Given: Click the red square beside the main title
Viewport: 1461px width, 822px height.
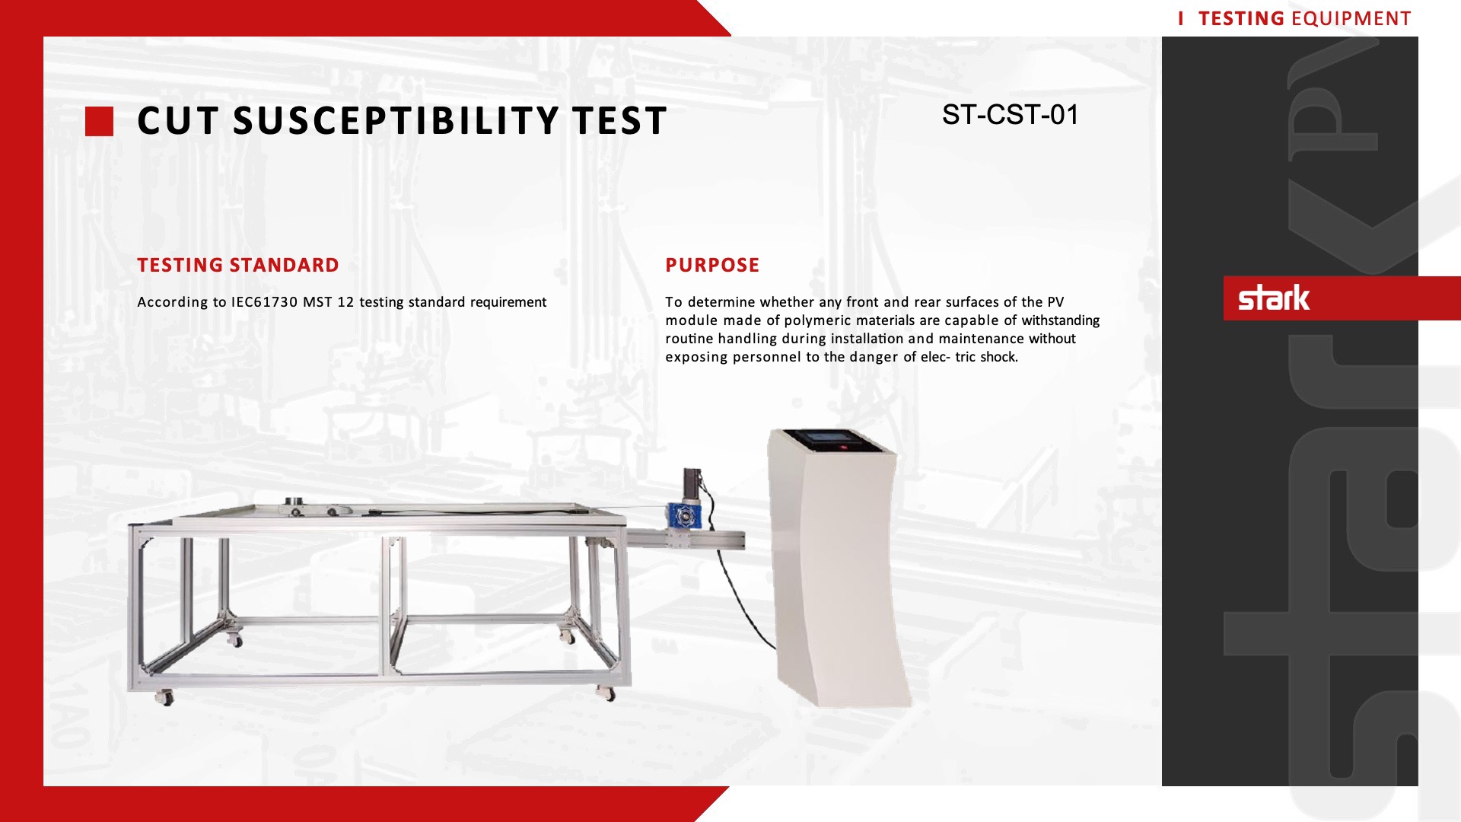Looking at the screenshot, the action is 99,122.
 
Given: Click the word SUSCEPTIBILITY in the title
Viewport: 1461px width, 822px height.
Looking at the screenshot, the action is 396,121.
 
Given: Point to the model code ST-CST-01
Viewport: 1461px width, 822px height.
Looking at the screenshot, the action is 1011,115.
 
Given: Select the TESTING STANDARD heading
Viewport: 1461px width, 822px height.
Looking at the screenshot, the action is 238,265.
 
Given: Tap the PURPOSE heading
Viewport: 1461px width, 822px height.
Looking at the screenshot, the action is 712,265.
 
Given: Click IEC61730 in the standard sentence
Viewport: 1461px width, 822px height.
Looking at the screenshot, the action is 264,302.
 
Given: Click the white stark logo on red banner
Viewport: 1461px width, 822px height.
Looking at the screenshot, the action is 1274,298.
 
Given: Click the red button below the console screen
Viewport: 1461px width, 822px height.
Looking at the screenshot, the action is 843,448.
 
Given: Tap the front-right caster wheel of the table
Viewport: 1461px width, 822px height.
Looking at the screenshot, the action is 606,693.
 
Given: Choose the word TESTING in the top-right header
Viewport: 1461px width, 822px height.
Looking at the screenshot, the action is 1241,18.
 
